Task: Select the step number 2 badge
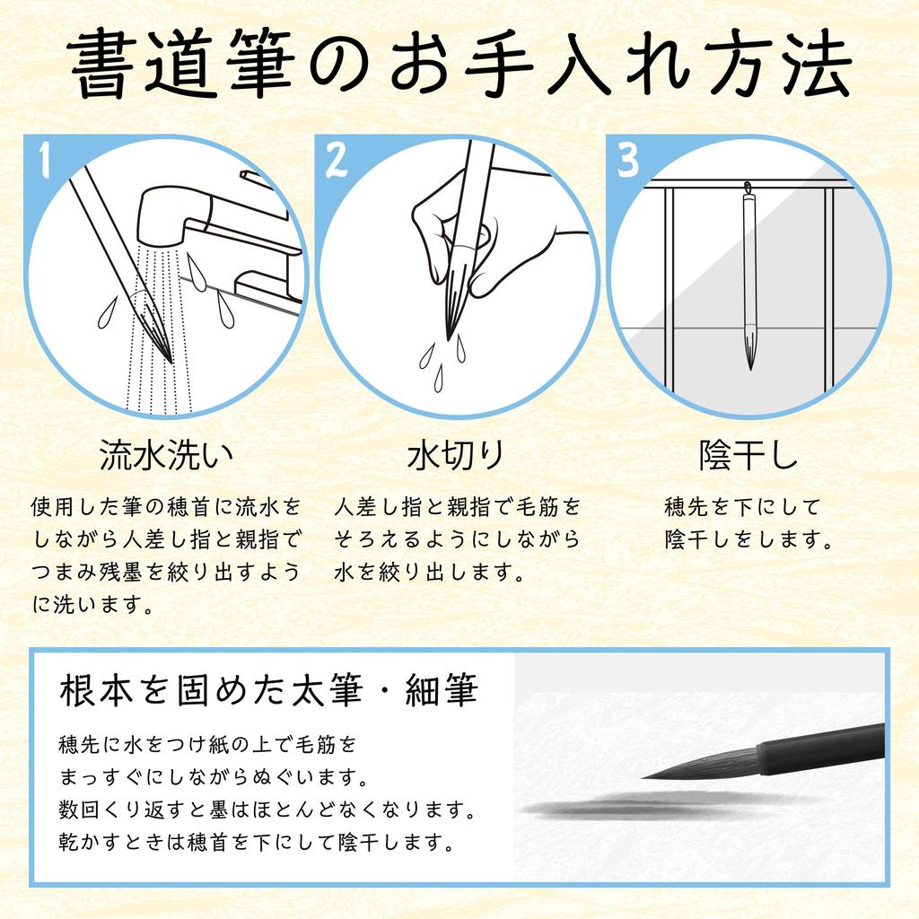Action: tap(336, 160)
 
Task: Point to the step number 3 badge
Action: tap(627, 161)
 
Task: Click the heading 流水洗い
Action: tap(166, 456)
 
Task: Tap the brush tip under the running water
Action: tap(162, 346)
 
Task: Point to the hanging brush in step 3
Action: tap(748, 278)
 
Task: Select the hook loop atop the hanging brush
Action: tap(748, 189)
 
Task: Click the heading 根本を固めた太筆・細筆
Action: tap(268, 692)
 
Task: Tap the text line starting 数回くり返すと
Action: tap(266, 810)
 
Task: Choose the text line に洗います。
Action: tap(92, 605)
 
